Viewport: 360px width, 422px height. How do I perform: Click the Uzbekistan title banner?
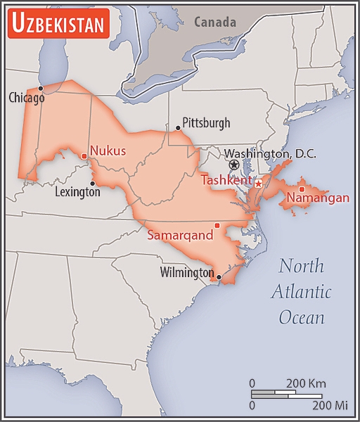[x=58, y=24]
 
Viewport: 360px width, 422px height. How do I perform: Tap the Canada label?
[x=215, y=22]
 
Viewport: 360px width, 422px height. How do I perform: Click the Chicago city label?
[x=27, y=98]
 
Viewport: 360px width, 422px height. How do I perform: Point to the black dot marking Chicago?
[x=41, y=88]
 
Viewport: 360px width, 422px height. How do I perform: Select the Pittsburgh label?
[x=206, y=123]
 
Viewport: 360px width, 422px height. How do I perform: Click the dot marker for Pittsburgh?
[x=178, y=128]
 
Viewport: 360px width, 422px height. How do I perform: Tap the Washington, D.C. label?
[x=270, y=153]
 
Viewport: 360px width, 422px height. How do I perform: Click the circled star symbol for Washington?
[x=234, y=165]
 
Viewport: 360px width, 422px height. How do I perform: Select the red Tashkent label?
[x=226, y=181]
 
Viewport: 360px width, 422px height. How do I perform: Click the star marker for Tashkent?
[x=258, y=183]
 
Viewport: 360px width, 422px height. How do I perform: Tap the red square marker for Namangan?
[x=302, y=188]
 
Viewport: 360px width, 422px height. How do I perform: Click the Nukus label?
[x=108, y=151]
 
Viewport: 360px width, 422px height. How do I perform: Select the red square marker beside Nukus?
[x=84, y=156]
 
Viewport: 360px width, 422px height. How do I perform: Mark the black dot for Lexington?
[x=92, y=184]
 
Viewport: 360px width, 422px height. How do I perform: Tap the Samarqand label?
[x=180, y=236]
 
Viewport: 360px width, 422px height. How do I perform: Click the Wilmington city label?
[x=186, y=272]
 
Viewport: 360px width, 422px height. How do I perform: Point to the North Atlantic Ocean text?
[x=302, y=291]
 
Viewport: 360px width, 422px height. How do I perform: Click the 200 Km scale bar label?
[x=305, y=383]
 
